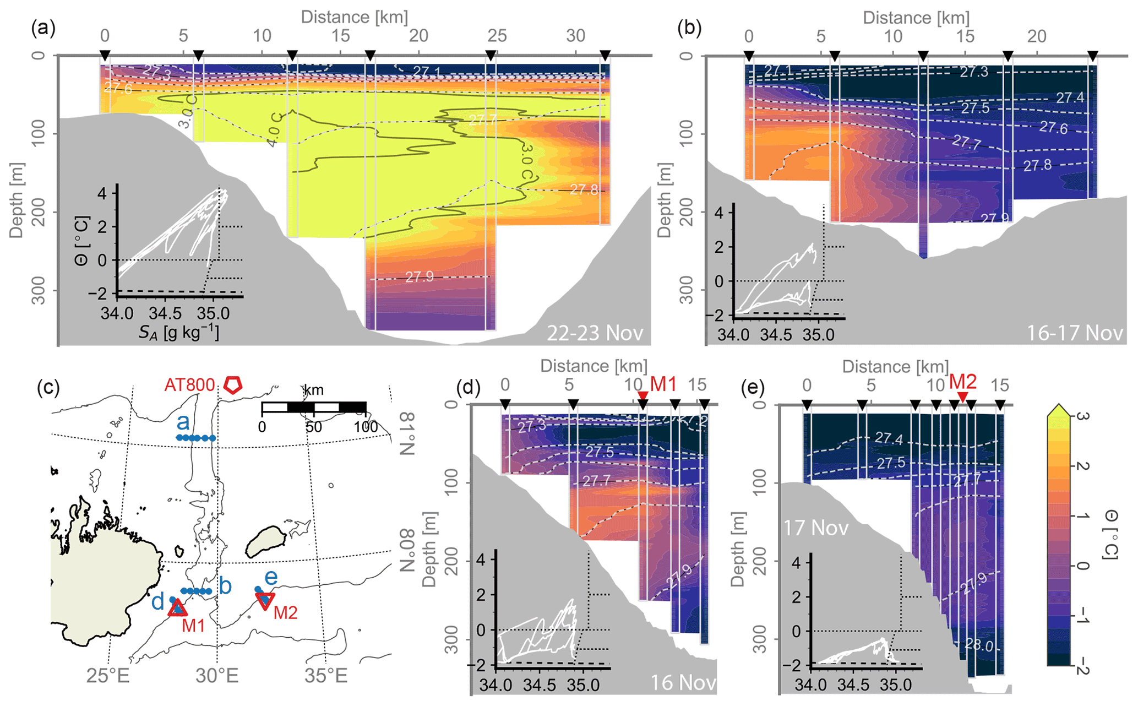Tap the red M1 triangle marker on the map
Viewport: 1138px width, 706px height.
(x=177, y=607)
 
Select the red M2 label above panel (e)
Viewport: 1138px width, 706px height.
(x=962, y=382)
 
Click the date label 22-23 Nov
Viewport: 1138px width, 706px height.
(x=595, y=333)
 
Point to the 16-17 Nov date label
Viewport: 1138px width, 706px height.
(x=1075, y=333)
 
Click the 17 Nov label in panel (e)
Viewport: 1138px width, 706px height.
(x=815, y=528)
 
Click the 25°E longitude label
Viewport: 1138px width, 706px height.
(x=108, y=675)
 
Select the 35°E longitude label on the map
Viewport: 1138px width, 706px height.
(x=326, y=675)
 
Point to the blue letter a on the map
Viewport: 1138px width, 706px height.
(x=183, y=422)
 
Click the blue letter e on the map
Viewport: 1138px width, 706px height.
(x=271, y=577)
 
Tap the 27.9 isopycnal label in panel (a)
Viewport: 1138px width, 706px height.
(x=420, y=276)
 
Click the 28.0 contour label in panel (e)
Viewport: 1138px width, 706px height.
(x=978, y=645)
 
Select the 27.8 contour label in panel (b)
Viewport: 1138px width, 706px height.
(x=1037, y=165)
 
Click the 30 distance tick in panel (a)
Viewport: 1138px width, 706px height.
(x=576, y=36)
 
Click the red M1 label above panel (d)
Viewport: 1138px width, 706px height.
(x=663, y=384)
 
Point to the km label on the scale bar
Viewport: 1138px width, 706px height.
(x=314, y=390)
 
